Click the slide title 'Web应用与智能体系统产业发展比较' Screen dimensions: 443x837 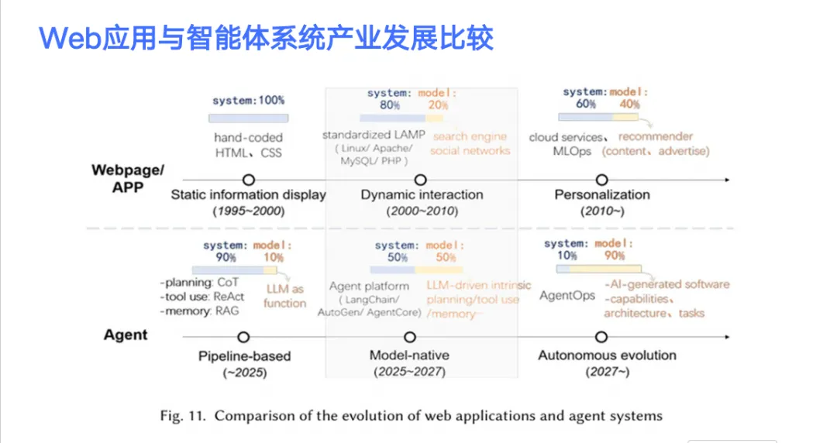tap(266, 37)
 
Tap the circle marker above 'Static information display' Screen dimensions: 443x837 tap(248, 179)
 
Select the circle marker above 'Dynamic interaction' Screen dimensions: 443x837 tap(421, 179)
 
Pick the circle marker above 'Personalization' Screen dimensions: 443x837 tap(602, 179)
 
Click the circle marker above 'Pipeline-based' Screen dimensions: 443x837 tap(243, 337)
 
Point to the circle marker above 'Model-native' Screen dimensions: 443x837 tap(410, 337)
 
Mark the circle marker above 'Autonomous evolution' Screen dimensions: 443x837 tap(601, 337)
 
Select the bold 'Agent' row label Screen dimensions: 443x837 tap(126, 335)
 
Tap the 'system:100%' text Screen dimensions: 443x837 tap(248, 100)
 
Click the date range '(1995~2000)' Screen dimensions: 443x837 tap(248, 211)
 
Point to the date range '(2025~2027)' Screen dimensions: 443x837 tap(409, 372)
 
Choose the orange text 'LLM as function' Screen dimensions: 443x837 tap(284, 296)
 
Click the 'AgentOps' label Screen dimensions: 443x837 tap(567, 295)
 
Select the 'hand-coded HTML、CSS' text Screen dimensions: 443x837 tap(248, 145)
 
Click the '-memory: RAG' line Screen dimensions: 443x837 tap(200, 311)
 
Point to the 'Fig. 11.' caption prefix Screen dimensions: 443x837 tap(182, 416)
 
